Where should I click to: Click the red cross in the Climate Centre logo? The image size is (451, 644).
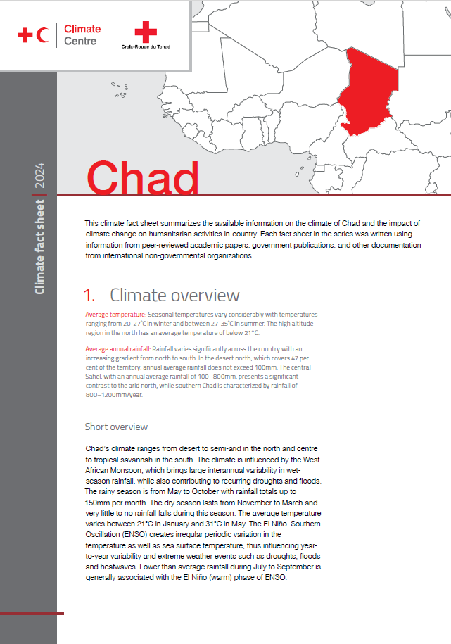(x=26, y=34)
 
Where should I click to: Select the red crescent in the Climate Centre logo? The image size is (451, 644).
(x=44, y=34)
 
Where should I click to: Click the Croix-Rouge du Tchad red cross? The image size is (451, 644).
(x=146, y=31)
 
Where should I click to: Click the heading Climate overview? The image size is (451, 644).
(x=174, y=295)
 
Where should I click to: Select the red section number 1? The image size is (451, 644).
(x=89, y=295)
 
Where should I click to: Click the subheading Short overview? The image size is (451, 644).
(x=116, y=427)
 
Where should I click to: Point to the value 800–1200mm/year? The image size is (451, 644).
(x=113, y=395)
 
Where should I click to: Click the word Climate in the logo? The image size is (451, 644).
(x=82, y=29)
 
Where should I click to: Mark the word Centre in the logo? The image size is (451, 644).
(x=80, y=41)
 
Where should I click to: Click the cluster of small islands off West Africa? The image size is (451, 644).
(x=120, y=89)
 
